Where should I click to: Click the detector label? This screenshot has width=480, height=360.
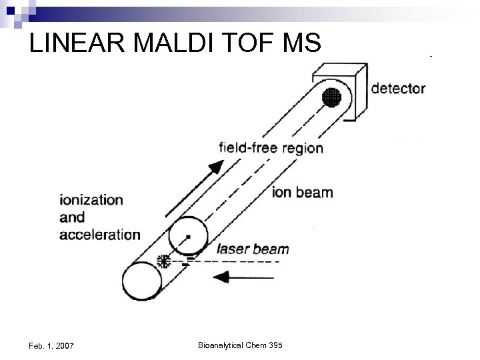tap(397, 89)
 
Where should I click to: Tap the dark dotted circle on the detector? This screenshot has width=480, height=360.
tap(331, 97)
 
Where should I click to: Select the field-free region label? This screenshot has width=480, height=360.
tap(271, 148)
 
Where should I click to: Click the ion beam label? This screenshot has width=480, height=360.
tap(303, 193)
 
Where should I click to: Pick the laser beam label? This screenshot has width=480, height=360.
tap(253, 250)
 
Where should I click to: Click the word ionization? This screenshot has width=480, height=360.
tap(91, 200)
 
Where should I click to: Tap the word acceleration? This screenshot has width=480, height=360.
tap(99, 234)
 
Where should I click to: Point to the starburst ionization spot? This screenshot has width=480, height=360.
tap(161, 261)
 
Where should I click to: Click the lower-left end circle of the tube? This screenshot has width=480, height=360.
tap(141, 281)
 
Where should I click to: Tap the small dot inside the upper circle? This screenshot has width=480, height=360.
tap(189, 237)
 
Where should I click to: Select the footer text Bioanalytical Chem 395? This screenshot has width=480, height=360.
tap(240, 345)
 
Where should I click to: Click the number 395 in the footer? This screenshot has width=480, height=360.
tap(275, 345)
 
